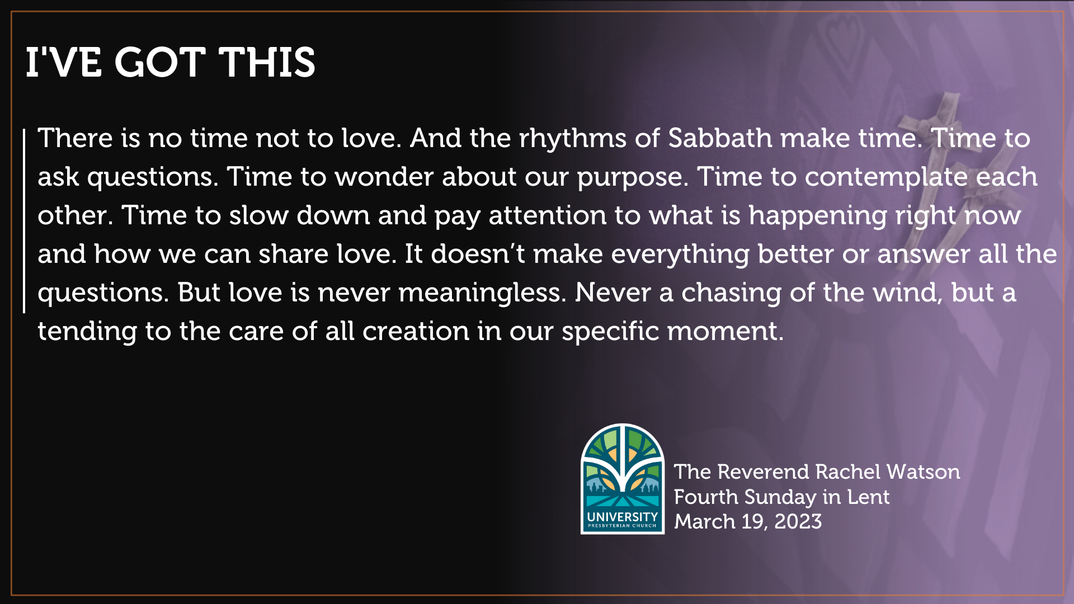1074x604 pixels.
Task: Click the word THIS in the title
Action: point(267,62)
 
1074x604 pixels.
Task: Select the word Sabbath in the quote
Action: point(720,138)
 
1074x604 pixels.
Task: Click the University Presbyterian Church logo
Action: point(623,479)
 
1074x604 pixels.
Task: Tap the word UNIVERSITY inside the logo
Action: point(623,517)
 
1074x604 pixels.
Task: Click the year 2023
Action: point(798,522)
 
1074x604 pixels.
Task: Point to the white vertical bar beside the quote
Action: point(24,221)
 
